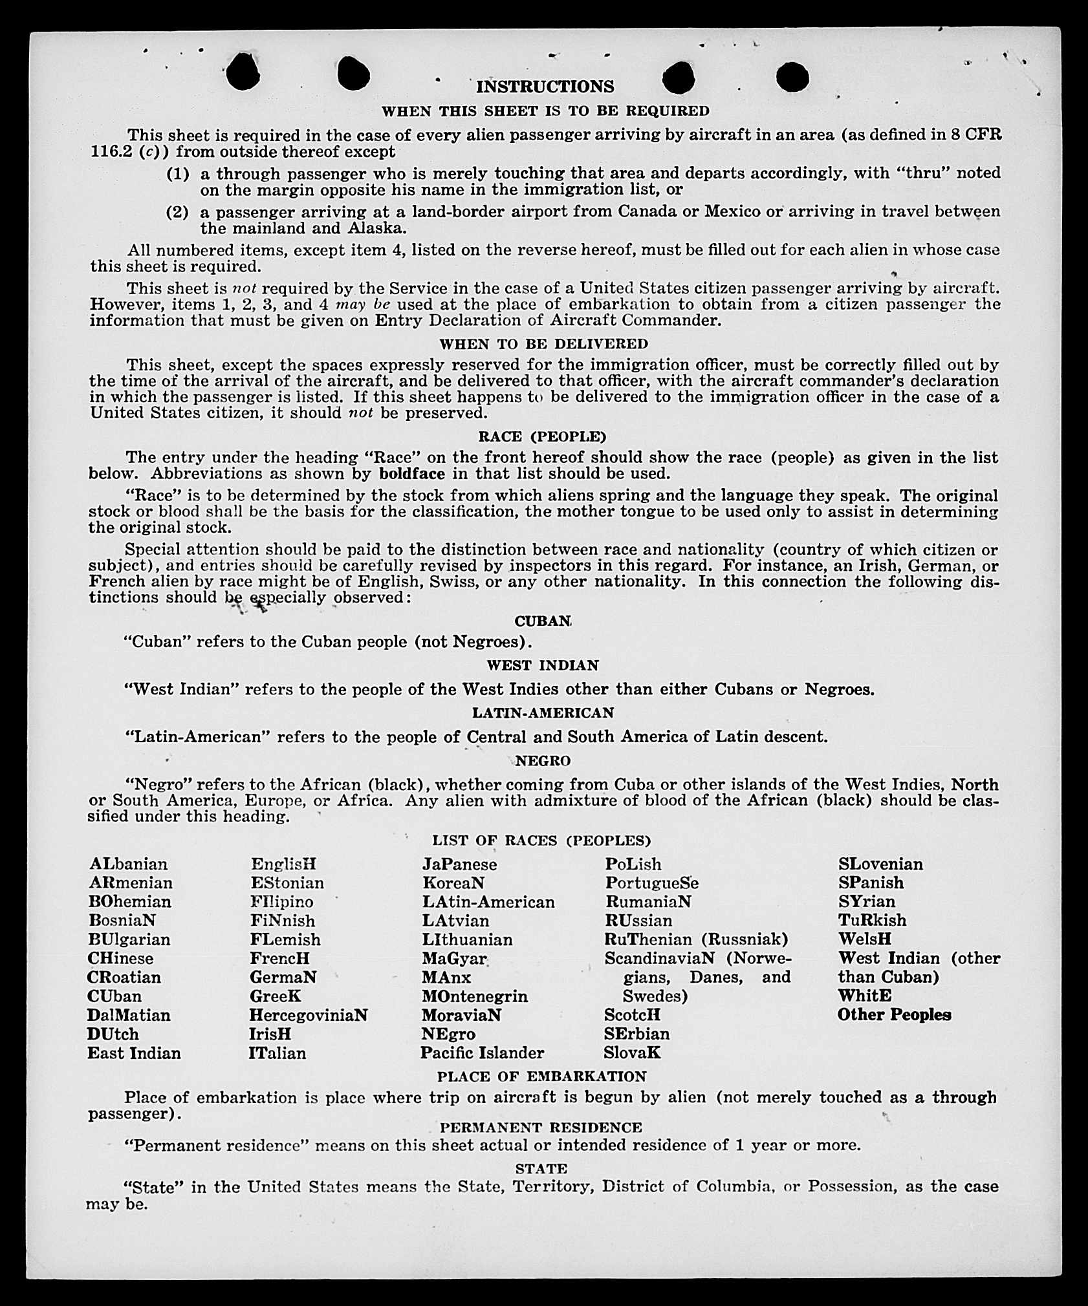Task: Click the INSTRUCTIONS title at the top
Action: pos(545,87)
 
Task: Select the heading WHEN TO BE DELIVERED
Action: pos(543,344)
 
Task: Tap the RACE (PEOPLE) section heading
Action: pos(542,436)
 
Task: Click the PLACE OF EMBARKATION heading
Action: pos(542,1076)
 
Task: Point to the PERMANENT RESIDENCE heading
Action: pos(541,1128)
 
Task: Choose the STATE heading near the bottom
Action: pos(541,1169)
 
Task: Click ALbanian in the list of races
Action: pos(129,864)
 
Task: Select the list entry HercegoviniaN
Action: pos(309,1015)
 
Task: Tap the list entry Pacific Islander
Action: pos(483,1053)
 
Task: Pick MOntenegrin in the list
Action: pos(475,996)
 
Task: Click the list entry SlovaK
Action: pos(632,1053)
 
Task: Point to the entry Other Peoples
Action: pos(894,1015)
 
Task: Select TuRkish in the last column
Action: pos(873,921)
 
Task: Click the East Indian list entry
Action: pos(135,1053)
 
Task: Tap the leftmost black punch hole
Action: pos(244,72)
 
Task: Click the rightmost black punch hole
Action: pos(792,78)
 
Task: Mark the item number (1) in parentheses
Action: pos(178,174)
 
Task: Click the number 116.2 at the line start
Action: pos(108,153)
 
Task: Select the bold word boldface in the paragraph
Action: pos(412,474)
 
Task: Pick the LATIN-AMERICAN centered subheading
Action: pos(543,713)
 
